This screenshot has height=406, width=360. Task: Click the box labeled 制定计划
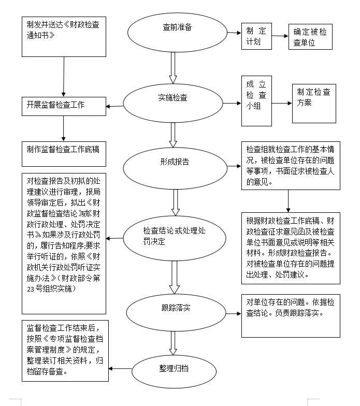click(256, 36)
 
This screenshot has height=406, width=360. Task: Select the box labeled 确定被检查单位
click(310, 37)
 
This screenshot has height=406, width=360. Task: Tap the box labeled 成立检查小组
click(256, 101)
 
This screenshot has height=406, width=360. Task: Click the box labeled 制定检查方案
click(314, 104)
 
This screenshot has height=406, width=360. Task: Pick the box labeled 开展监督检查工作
click(64, 107)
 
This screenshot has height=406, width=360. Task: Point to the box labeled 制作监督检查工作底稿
click(64, 154)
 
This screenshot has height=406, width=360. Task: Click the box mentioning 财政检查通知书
click(64, 37)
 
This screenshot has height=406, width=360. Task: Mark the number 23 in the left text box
click(31, 289)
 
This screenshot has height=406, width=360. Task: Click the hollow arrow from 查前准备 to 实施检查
click(173, 68)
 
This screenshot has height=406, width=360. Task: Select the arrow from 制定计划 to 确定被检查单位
click(280, 36)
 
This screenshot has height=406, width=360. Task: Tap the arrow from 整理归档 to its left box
click(120, 369)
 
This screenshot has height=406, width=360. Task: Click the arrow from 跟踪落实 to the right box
click(234, 314)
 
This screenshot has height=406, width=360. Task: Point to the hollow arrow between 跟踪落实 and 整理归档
click(173, 343)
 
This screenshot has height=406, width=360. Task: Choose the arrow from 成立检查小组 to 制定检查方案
click(282, 104)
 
